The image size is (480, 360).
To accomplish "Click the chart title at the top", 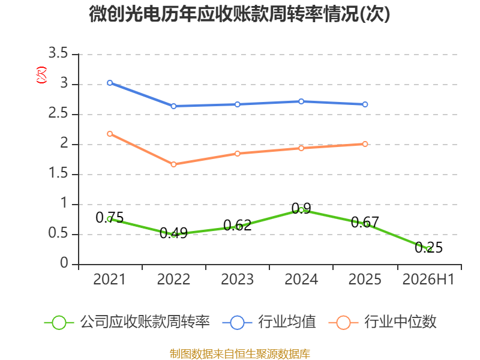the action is (x=239, y=14).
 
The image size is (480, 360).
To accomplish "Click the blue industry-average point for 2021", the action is (x=110, y=83).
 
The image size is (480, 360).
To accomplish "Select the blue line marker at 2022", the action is (x=173, y=106).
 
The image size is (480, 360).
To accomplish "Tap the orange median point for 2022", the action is (x=173, y=164).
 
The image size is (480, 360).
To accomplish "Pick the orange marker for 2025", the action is (x=365, y=144).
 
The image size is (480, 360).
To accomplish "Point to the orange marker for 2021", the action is (x=110, y=134).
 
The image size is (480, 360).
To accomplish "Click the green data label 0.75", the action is (x=110, y=218).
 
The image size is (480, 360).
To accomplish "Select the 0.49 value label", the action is (x=173, y=233).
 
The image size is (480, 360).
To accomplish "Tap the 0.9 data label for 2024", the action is (x=301, y=208).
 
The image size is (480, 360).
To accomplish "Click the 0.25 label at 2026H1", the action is (x=428, y=247).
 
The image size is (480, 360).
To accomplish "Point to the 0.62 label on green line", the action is (x=237, y=226).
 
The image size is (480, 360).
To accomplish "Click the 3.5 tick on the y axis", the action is (x=58, y=53).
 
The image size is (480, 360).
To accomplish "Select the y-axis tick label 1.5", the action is (x=58, y=173).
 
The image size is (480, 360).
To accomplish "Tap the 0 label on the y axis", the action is (x=64, y=263).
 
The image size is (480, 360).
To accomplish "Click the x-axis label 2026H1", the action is (x=428, y=279).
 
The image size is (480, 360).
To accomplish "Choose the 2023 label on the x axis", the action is (x=237, y=279).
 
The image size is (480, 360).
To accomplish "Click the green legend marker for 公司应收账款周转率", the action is (x=59, y=323).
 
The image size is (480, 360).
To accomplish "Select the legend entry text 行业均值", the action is (x=287, y=322).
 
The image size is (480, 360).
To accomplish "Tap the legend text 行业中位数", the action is (x=400, y=322).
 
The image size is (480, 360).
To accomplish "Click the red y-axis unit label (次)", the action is (x=41, y=75).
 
